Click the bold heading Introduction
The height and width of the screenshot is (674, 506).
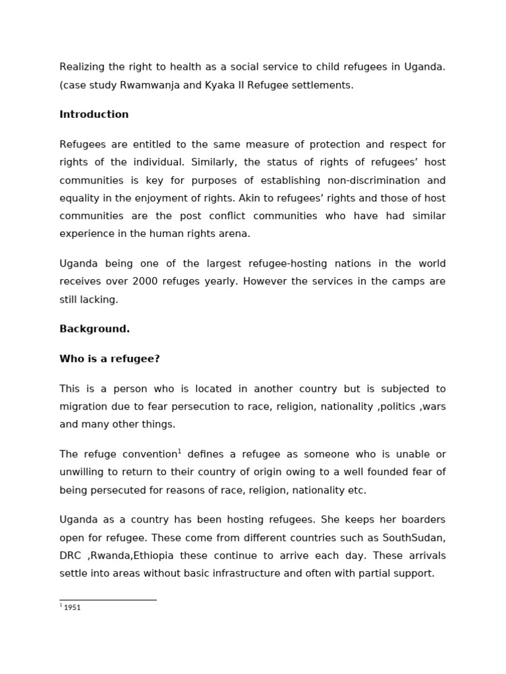pos(94,115)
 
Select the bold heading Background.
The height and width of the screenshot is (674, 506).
pos(94,329)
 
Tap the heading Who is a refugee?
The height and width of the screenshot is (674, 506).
pos(109,359)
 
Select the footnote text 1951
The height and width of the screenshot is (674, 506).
pos(72,608)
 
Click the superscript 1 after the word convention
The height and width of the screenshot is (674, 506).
pos(179,452)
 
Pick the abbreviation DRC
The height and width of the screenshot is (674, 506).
pos(70,556)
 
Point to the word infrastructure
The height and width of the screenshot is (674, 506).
pos(239,573)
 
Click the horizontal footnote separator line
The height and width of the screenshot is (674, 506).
pos(108,600)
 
